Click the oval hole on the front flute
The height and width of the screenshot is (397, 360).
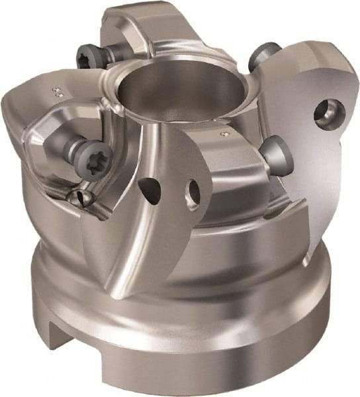[x=194, y=191]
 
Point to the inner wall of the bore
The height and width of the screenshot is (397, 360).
[x=192, y=109]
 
